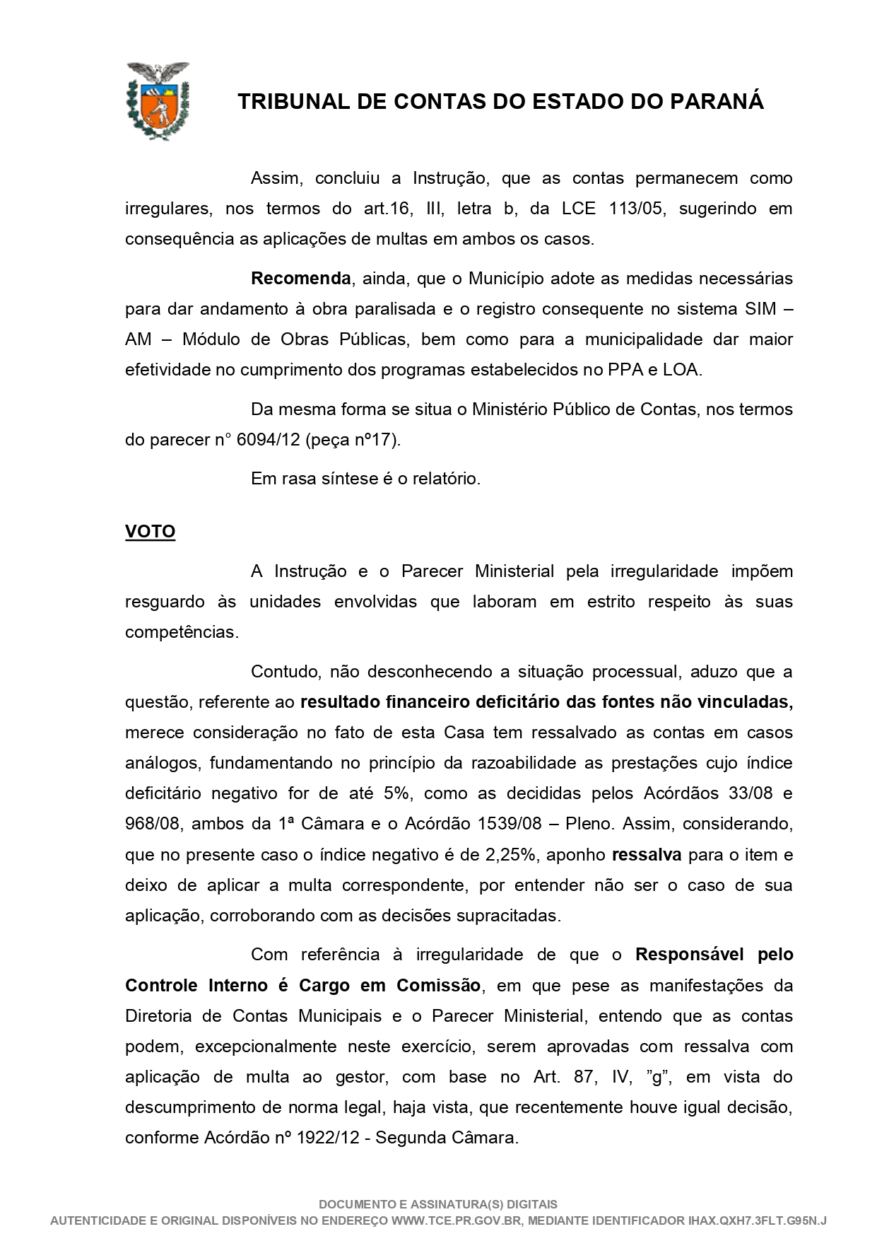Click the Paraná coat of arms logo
158,101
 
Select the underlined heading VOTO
150,532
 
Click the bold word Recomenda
300,279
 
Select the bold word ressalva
646,855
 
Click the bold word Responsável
690,955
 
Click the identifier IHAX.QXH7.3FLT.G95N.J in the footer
757,1221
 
